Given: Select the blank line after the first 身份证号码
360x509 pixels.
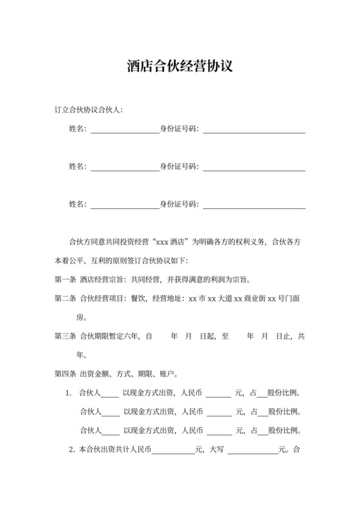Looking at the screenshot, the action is tap(254, 130).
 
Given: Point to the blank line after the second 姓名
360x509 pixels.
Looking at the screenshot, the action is tap(124, 168).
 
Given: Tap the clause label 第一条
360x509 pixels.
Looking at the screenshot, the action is tap(66, 280).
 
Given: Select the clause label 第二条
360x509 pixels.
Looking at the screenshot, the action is tap(66, 299).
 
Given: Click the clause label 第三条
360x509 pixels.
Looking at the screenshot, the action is tap(66, 335).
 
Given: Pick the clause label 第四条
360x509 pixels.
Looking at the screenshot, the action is tap(66, 373).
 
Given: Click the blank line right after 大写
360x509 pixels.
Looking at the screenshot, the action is tap(252, 451).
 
